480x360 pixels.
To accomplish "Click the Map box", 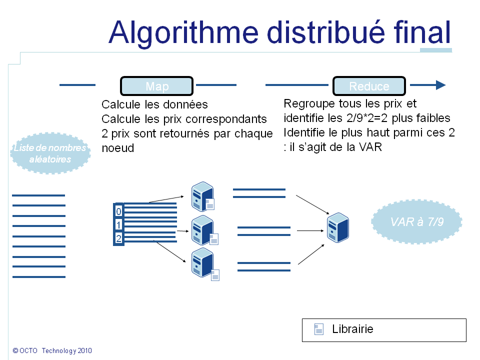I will click(x=156, y=86).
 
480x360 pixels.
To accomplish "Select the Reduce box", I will click(x=369, y=86).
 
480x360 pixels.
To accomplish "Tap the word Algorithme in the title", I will click(x=183, y=32).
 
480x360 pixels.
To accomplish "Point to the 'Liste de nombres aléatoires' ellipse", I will click(x=50, y=153).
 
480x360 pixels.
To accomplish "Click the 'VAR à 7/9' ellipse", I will click(x=416, y=222).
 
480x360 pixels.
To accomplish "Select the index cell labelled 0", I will click(x=118, y=211).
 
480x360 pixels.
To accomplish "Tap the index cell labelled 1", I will click(x=118, y=224).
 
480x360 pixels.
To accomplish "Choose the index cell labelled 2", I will click(x=118, y=238).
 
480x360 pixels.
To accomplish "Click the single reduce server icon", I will click(x=337, y=227).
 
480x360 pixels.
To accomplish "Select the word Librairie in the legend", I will click(x=352, y=329).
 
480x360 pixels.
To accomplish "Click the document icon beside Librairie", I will click(x=318, y=329).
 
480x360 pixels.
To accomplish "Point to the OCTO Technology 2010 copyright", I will click(x=52, y=351).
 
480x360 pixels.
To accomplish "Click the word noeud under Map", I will click(x=118, y=148).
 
